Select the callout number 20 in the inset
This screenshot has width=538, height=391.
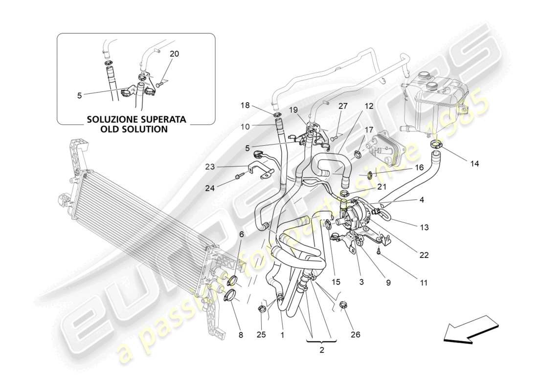(x=175, y=54)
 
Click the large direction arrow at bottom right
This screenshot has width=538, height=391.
(x=470, y=329)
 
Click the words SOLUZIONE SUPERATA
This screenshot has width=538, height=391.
(x=136, y=119)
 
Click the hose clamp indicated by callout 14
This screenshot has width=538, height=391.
(x=436, y=144)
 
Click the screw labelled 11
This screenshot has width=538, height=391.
(x=379, y=251)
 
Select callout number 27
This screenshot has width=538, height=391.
(x=342, y=105)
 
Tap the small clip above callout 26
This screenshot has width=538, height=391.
(x=344, y=306)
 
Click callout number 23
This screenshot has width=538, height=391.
(x=210, y=167)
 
